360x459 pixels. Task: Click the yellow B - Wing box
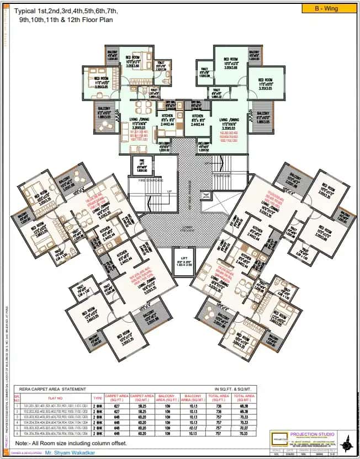click(x=326, y=8)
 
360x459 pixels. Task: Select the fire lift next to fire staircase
click(x=141, y=166)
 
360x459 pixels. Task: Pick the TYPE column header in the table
click(x=97, y=397)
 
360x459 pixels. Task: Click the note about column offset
click(x=71, y=443)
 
